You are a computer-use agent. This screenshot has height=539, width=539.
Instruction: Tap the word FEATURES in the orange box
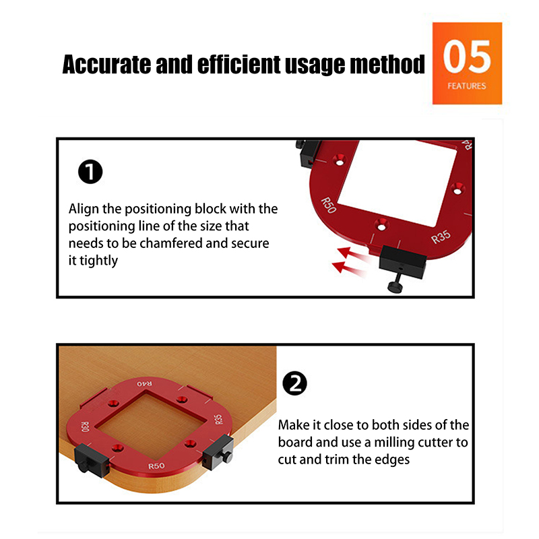tap(466, 86)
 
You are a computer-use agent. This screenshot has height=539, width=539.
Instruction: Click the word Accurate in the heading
tap(106, 64)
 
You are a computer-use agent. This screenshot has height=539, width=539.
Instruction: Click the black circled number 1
tap(90, 172)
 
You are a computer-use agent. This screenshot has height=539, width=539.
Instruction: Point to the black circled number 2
tap(294, 383)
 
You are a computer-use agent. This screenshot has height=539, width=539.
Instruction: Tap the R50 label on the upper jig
tap(328, 205)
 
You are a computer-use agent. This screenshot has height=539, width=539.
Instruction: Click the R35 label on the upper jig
tap(441, 237)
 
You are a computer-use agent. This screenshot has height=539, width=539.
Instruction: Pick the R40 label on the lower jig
tap(144, 383)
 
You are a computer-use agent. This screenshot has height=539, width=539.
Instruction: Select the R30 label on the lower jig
tap(85, 426)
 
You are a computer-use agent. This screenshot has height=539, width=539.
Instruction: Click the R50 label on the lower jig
tap(156, 466)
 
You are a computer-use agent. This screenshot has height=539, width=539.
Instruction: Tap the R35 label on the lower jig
tap(218, 419)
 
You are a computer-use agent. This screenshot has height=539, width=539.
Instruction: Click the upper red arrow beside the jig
tap(352, 255)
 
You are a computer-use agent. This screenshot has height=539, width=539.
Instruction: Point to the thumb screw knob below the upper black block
tap(395, 286)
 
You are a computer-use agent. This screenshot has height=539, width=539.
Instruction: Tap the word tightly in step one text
tap(98, 261)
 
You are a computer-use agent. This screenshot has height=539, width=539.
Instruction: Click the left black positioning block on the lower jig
tap(91, 460)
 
